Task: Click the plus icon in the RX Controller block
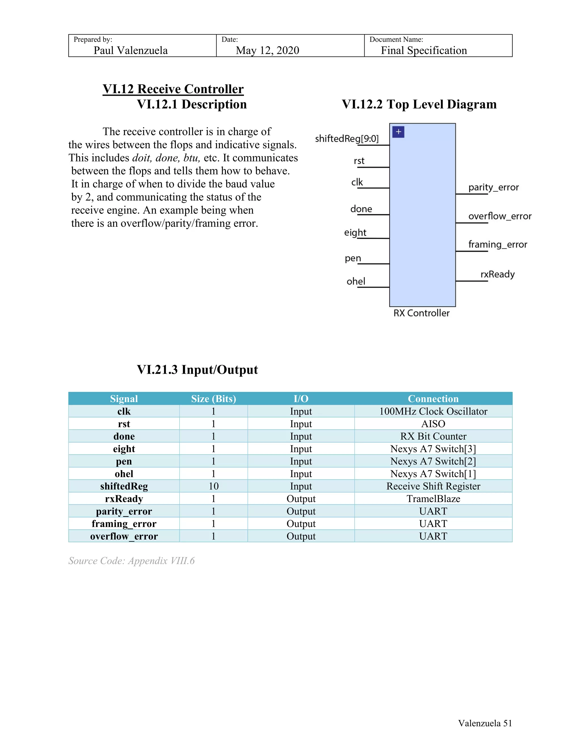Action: (398, 132)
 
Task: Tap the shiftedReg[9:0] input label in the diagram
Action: (347, 139)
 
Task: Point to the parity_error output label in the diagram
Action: (493, 187)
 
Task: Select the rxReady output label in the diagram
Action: (497, 274)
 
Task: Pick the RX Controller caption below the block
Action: (421, 313)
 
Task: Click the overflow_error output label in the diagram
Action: (500, 216)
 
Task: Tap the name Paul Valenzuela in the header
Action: (130, 51)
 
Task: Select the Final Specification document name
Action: (424, 51)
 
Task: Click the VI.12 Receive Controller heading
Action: (173, 89)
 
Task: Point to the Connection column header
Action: (433, 399)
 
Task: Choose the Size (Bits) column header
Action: (213, 399)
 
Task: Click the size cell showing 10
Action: (213, 486)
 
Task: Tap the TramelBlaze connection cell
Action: (433, 499)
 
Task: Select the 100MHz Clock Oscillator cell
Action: (433, 411)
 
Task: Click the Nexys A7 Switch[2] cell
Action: (433, 461)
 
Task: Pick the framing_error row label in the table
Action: (124, 524)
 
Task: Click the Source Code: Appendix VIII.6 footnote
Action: (131, 561)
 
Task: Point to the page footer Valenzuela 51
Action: (485, 723)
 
